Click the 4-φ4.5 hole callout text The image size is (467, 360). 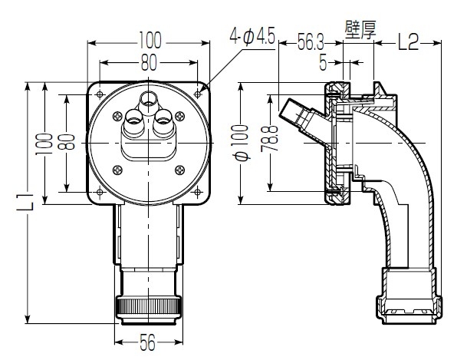[252, 36]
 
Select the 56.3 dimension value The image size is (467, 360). [311, 43]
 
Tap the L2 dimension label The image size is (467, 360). [409, 42]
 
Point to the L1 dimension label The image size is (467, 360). [25, 202]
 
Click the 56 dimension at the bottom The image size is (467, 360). [148, 342]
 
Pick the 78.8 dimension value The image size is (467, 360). [269, 139]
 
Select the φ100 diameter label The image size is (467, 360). [242, 143]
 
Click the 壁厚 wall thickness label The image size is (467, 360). [360, 30]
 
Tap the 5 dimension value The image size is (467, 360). [323, 63]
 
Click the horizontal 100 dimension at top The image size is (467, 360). [150, 40]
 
